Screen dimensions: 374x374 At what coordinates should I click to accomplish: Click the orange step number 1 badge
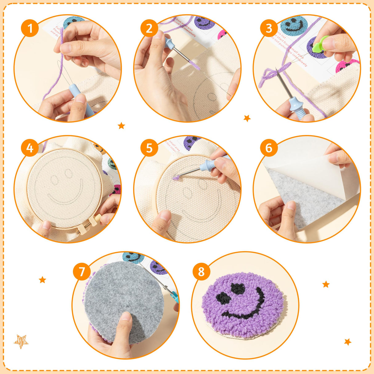30,28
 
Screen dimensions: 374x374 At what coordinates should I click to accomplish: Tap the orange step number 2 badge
149,28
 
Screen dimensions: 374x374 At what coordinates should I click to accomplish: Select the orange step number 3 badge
269,28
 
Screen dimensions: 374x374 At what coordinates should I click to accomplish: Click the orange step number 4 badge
30,148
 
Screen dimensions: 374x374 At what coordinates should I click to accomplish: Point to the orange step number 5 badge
149,148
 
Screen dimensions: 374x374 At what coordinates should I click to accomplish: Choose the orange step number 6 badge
269,148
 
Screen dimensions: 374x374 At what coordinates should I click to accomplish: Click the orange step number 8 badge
201,272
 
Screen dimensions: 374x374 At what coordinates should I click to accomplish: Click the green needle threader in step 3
318,45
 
